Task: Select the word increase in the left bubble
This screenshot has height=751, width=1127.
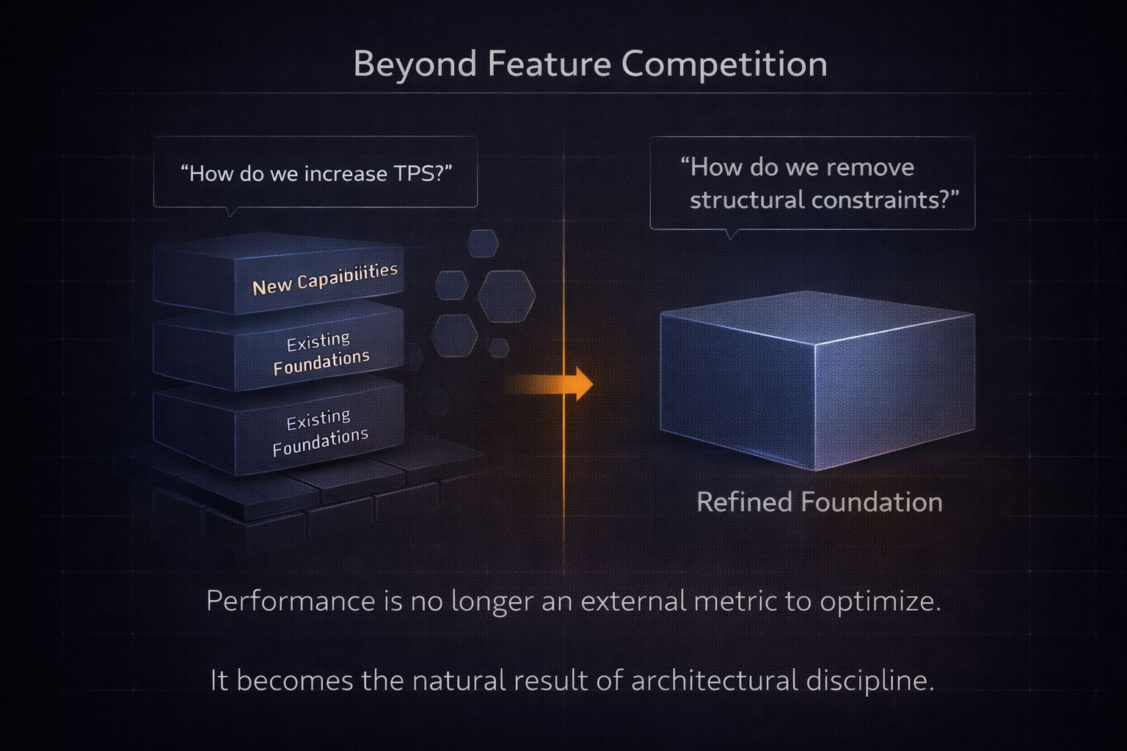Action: pyautogui.click(x=345, y=174)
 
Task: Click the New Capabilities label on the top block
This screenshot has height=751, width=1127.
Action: pyautogui.click(x=325, y=279)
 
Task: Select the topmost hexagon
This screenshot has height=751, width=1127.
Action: pyautogui.click(x=483, y=243)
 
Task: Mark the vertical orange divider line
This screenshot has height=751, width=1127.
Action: pyautogui.click(x=563, y=477)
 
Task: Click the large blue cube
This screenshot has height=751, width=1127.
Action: pyautogui.click(x=814, y=381)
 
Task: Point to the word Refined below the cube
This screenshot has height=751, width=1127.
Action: pyautogui.click(x=744, y=502)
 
